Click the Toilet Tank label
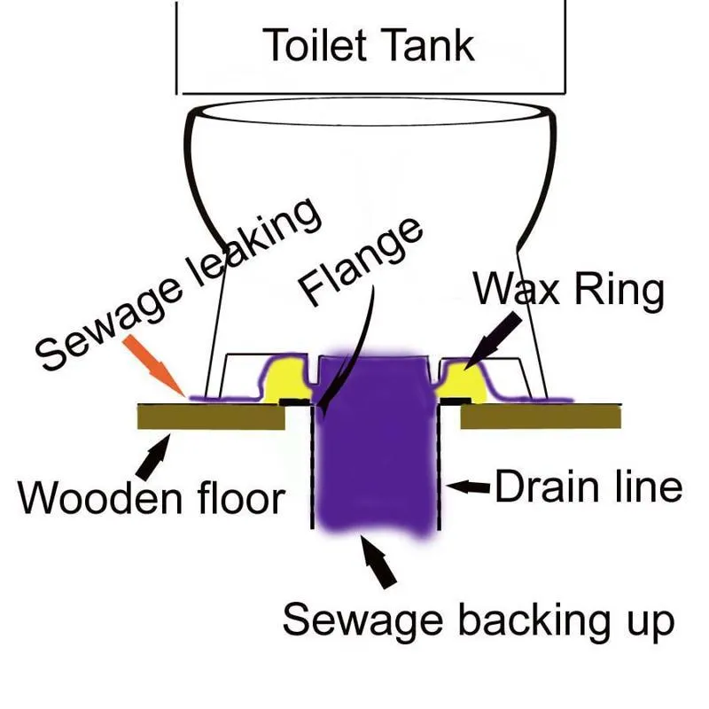(x=370, y=44)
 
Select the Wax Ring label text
(x=567, y=291)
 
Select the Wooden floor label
(x=152, y=497)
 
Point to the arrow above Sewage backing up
(x=376, y=564)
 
